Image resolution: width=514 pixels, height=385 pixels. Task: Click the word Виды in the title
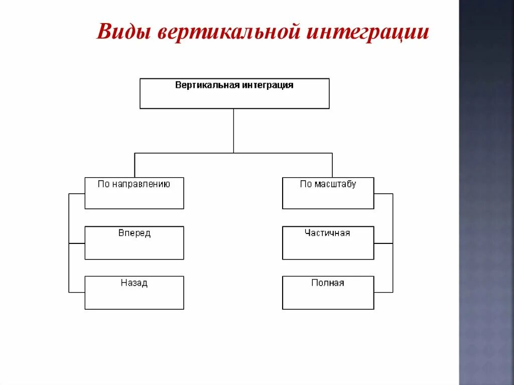click(x=124, y=33)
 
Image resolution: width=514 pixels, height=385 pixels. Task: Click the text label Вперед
click(x=134, y=233)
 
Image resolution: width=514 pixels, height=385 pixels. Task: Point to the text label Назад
click(x=134, y=283)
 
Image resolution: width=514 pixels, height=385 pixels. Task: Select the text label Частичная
click(x=327, y=233)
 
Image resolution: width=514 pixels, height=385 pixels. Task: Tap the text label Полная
click(x=328, y=283)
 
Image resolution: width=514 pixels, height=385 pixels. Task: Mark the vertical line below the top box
click(x=233, y=131)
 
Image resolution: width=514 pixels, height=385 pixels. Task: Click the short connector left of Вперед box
click(x=77, y=243)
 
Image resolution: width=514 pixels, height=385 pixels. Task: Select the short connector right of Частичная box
click(x=383, y=243)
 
